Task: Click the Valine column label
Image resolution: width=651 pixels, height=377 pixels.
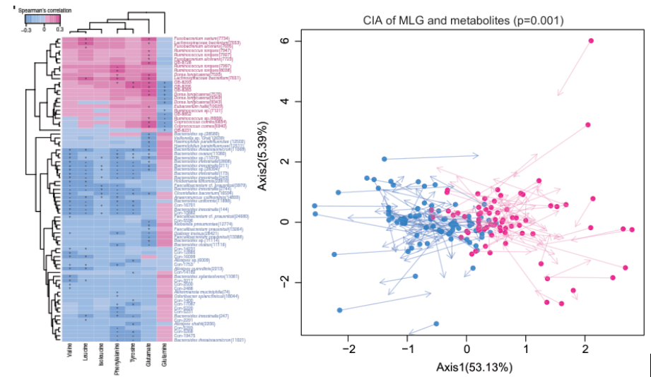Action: [x=70, y=352]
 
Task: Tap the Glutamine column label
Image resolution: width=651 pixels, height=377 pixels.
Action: [x=164, y=354]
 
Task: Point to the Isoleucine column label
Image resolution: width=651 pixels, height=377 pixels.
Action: [x=101, y=354]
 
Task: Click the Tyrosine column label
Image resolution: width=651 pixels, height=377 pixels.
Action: [x=133, y=353]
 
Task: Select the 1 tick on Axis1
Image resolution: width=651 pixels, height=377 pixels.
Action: [x=525, y=349]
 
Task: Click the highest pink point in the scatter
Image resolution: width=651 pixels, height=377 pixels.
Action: [x=591, y=41]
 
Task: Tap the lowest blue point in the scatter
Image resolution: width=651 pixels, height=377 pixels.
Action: [x=436, y=323]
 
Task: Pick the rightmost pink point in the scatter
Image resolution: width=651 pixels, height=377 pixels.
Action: [x=632, y=230]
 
